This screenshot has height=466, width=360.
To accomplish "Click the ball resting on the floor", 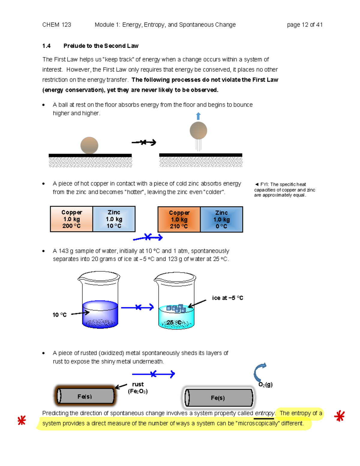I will [x=89, y=145].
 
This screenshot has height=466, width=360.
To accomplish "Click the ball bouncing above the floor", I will [x=198, y=131].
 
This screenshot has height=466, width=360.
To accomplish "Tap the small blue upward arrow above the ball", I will [x=198, y=116].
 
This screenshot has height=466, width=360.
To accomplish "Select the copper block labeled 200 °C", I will [x=71, y=219].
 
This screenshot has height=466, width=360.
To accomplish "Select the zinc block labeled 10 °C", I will [x=114, y=219].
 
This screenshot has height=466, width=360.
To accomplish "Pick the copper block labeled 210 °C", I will [x=179, y=219].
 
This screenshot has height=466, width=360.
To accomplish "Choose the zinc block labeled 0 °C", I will [x=221, y=219].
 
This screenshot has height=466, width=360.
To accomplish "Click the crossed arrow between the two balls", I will [x=144, y=142].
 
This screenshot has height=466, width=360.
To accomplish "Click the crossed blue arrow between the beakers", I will [x=137, y=307].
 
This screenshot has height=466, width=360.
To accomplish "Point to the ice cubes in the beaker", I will [x=176, y=308].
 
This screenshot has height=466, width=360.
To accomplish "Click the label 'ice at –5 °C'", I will [x=227, y=298].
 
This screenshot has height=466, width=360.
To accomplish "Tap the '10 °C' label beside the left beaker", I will [x=59, y=315].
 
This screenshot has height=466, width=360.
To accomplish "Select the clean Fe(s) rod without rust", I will [x=218, y=398].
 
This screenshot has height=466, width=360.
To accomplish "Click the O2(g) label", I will [x=265, y=384].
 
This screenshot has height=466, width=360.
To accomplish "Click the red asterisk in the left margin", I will [x=22, y=420].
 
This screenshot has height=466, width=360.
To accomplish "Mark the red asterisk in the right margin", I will [x=339, y=416].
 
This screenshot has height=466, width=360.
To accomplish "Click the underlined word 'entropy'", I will [x=265, y=413].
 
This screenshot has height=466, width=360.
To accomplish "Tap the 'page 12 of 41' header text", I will [x=304, y=25].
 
